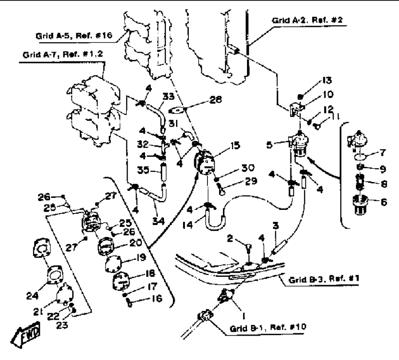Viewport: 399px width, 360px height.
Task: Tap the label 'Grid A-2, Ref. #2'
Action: pos(307,20)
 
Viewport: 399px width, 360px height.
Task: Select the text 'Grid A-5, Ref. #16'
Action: pos(74,35)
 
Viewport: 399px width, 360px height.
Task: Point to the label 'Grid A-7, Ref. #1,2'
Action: pos(63,54)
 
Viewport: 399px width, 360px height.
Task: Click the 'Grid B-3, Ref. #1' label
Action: pos(324,279)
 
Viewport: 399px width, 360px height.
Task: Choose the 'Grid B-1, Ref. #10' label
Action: pos(268,328)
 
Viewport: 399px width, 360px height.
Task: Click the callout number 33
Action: pos(168,97)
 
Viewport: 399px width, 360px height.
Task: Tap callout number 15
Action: pos(235,145)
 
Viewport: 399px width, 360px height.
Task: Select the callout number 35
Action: pos(143,170)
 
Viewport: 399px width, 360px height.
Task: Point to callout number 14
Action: pos(188,225)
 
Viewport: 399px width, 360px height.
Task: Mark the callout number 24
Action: pos(32,296)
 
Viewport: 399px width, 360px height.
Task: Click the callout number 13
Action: pos(327,80)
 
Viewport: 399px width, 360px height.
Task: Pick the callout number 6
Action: pos(384,202)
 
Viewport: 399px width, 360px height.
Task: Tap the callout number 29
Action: pos(251,181)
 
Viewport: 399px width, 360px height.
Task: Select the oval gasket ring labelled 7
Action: pos(360,157)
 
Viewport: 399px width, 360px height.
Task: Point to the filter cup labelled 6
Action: pos(360,205)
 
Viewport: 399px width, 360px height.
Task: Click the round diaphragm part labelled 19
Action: pos(113,264)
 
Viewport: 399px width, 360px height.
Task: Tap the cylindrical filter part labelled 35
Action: pos(162,172)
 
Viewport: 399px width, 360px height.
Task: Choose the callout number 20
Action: pos(136,243)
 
